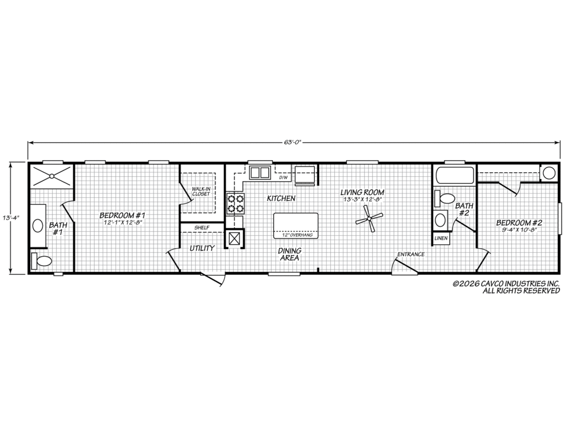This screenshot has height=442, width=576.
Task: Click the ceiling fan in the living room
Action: tap(368, 219)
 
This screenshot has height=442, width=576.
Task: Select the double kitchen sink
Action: tap(261, 172)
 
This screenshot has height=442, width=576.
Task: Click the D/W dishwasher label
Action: tap(284, 178)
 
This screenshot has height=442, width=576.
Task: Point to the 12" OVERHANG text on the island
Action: tap(298, 235)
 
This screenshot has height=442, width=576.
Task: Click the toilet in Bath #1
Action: tap(42, 261)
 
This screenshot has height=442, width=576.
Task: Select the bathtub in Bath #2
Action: tap(454, 175)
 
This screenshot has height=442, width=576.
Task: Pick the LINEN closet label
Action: tap(441, 238)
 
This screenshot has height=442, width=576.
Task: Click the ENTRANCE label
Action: tap(411, 254)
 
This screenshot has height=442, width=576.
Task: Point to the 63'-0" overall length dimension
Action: tap(294, 142)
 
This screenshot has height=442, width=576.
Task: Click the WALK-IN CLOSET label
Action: tap(201, 191)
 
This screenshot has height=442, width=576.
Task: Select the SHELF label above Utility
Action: tap(202, 228)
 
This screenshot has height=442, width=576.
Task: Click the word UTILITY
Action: tap(202, 248)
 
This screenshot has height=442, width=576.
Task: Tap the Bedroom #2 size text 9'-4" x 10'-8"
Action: tap(519, 230)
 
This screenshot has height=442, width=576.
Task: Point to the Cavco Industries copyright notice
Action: tap(506, 287)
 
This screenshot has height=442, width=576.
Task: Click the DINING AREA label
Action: tap(289, 254)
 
